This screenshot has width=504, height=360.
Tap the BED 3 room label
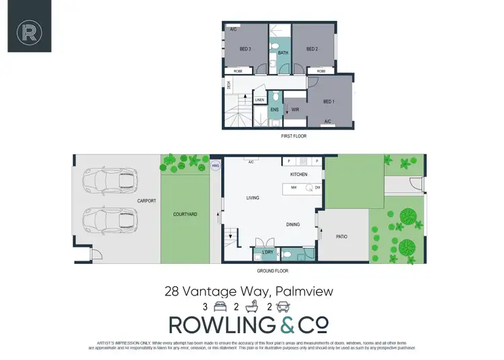coord(245,49)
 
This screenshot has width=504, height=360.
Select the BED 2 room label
coord(312,49)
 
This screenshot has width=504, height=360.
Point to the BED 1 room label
coord(329,101)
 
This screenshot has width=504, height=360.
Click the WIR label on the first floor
coord(295,109)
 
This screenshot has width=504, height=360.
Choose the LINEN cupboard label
coord(259,101)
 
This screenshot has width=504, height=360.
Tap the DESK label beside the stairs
coord(228,85)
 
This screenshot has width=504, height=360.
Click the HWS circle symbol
coord(216,165)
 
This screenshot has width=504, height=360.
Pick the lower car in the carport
coord(109,219)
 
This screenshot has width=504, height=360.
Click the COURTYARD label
coord(185,214)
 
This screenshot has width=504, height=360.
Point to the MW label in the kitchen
coord(294,188)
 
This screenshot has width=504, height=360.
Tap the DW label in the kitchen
coord(317,188)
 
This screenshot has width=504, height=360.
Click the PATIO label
coord(343,236)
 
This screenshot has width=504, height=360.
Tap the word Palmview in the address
coord(308,292)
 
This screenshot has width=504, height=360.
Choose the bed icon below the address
coord(219,307)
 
